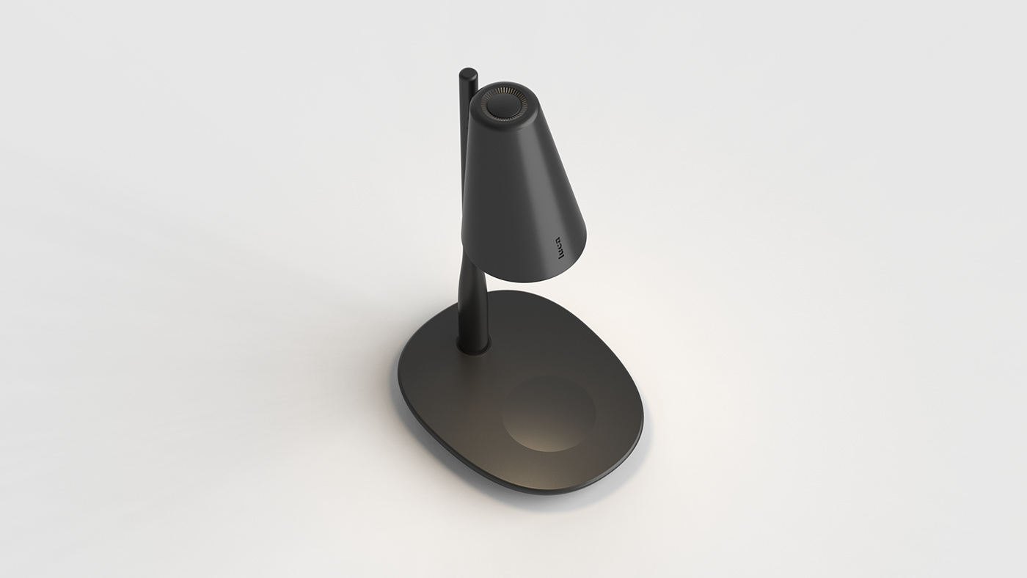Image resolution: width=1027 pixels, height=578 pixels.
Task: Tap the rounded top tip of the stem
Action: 467,76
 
